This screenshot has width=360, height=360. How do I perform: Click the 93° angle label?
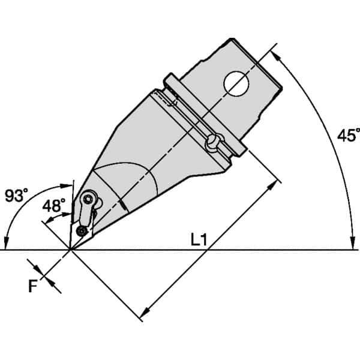pos(16,195)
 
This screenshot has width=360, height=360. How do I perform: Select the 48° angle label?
pos(54,205)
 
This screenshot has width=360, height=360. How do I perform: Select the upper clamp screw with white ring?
pos(89,199)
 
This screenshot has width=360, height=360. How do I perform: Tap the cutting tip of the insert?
pos(70,248)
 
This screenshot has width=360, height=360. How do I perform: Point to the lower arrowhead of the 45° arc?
pos(350,244)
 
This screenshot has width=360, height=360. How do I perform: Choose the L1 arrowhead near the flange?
pos(276,182)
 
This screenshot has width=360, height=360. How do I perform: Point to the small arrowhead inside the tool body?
pos(124,208)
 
